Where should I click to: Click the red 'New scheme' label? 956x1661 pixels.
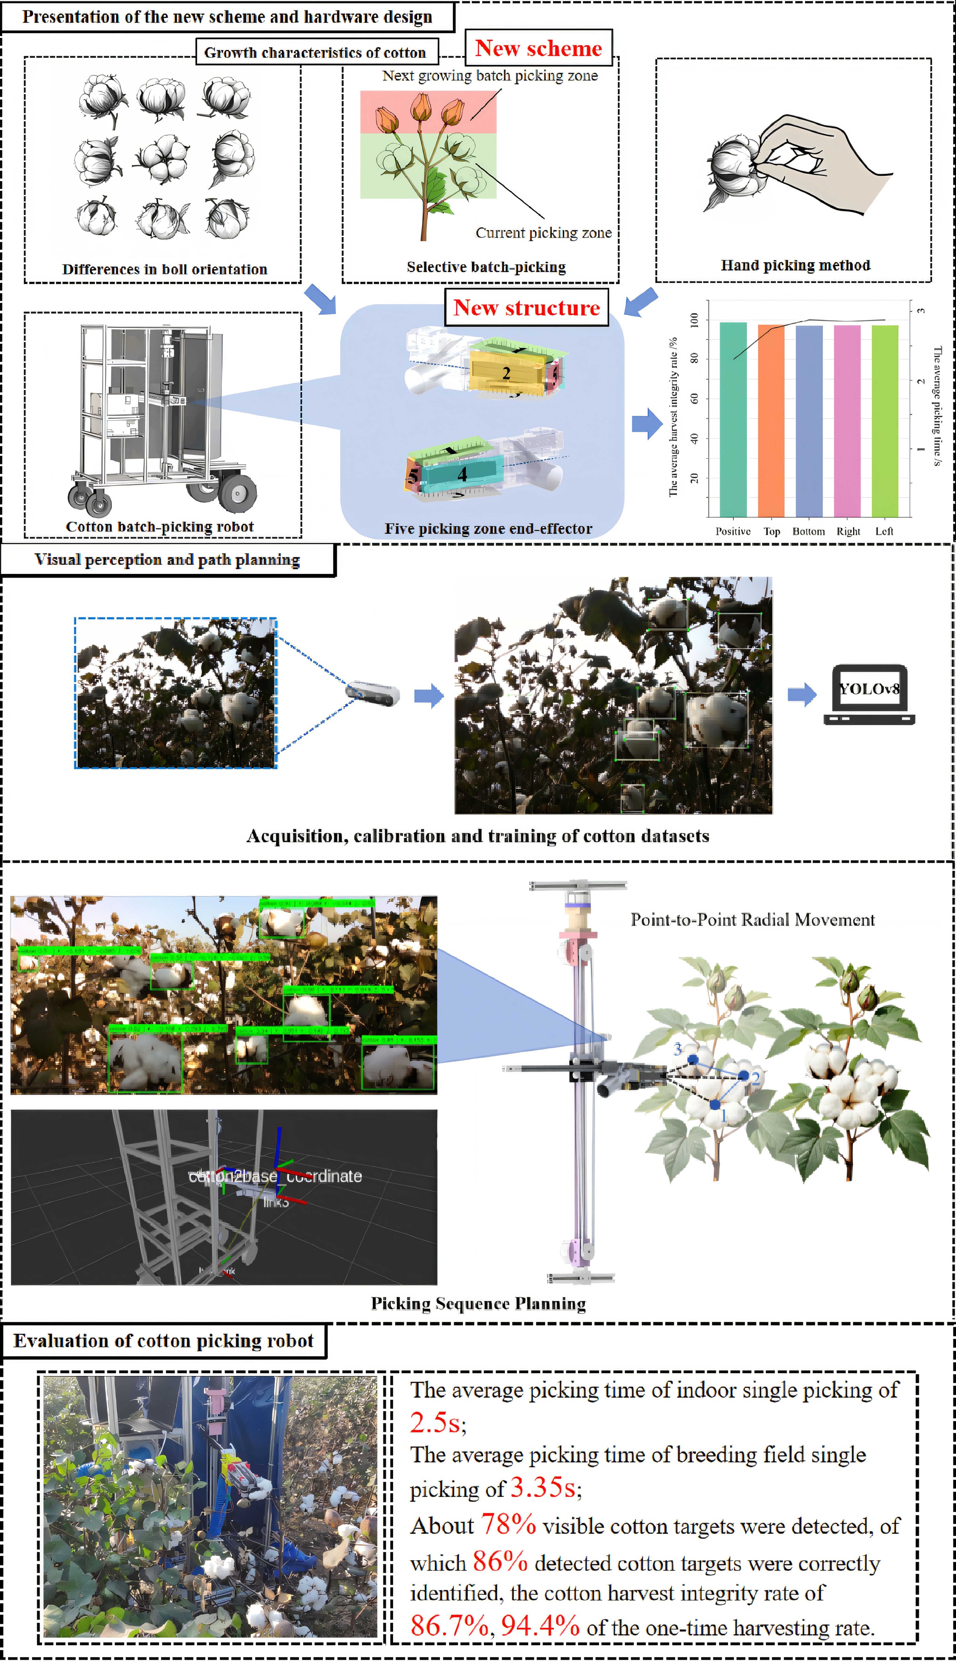(538, 48)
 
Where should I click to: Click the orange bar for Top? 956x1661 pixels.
(771, 420)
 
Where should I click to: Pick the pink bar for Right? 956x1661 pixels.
(847, 420)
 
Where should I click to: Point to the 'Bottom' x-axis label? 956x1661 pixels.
(808, 531)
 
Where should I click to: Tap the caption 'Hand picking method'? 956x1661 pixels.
(795, 265)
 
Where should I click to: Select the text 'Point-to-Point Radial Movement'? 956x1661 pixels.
(752, 919)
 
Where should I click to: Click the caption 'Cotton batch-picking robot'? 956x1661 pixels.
(160, 526)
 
